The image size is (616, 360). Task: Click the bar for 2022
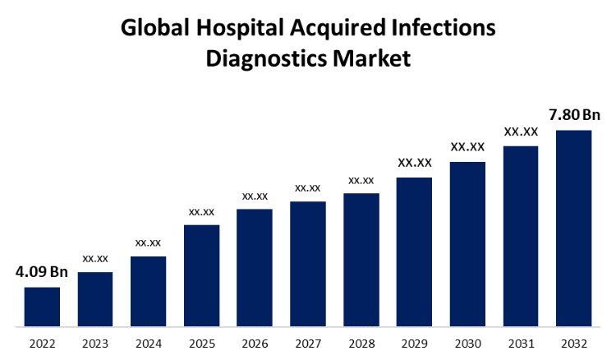(42, 307)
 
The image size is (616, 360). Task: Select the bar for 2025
(201, 275)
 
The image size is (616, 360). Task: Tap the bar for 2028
(361, 260)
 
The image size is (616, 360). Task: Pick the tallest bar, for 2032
(573, 228)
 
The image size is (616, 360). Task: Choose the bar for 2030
(467, 244)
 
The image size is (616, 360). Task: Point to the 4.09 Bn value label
(41, 272)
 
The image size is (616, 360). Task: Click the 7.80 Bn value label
(574, 114)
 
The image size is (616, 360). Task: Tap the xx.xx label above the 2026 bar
(255, 196)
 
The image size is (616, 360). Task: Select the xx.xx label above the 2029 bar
(414, 163)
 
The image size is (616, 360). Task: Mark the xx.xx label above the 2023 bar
(95, 258)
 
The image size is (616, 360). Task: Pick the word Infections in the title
(444, 28)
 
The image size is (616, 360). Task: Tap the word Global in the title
(154, 28)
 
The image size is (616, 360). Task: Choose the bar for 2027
(307, 264)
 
